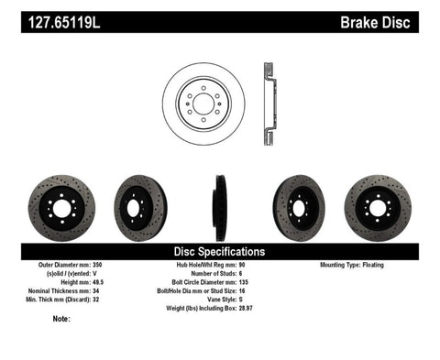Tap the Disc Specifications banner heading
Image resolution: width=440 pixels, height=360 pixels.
[220, 251]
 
